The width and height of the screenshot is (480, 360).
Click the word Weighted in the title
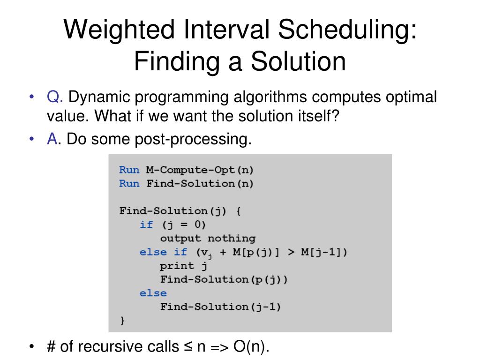(x=119, y=30)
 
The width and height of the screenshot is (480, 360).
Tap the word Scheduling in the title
(x=347, y=30)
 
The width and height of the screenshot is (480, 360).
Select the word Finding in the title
(x=177, y=61)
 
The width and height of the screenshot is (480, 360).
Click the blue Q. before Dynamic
(x=55, y=97)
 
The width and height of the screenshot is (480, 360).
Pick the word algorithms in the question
(x=270, y=97)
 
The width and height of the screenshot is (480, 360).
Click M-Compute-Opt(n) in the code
(x=200, y=170)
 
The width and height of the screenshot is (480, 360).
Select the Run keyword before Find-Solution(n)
(x=129, y=183)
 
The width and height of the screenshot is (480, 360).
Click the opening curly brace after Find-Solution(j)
(x=239, y=211)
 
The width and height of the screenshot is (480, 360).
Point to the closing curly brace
(x=122, y=320)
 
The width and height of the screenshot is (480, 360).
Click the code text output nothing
(x=208, y=238)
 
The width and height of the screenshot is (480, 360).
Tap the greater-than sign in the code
(x=291, y=252)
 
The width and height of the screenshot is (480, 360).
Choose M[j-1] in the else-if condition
(x=321, y=252)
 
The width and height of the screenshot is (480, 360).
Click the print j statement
(x=184, y=266)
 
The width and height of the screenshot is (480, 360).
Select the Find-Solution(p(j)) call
(x=224, y=279)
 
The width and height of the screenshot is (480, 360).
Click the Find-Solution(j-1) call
(x=220, y=307)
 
